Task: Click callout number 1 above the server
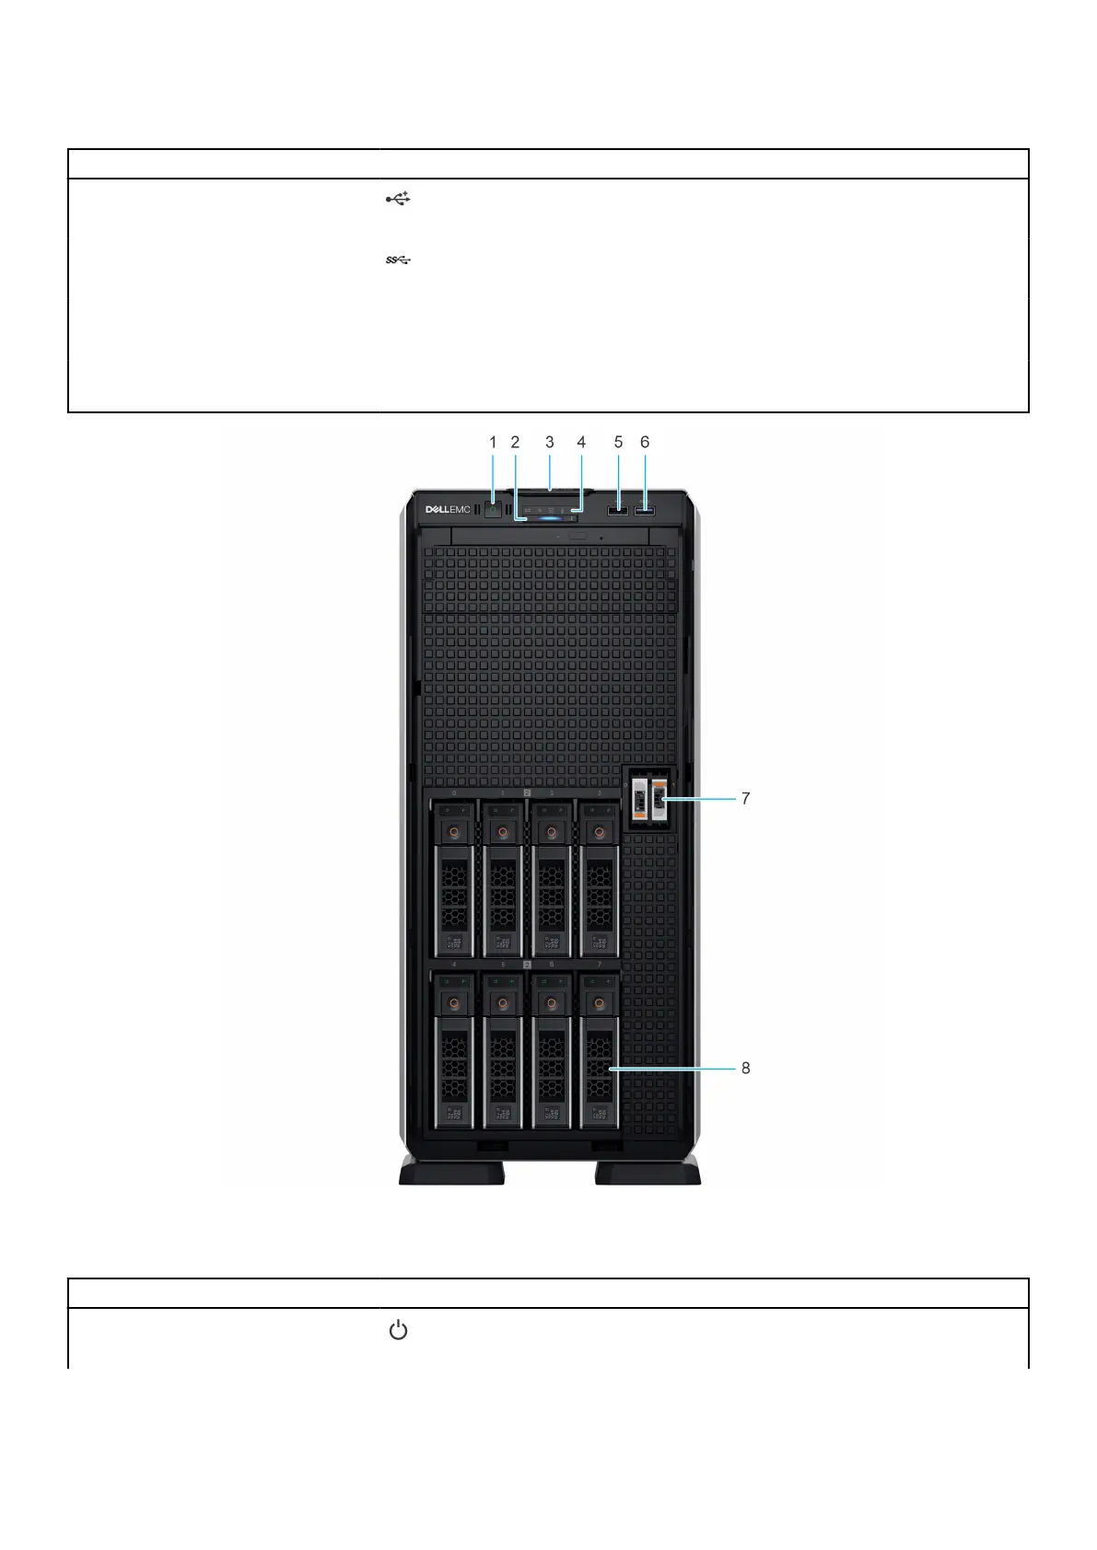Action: coord(493,443)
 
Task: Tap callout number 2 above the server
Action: coord(516,443)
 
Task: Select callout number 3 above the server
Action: coord(550,443)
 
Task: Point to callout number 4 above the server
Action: coord(581,443)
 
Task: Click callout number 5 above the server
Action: coord(618,443)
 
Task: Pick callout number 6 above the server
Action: coord(645,443)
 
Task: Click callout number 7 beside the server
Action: coord(746,799)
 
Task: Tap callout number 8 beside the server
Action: coord(746,1069)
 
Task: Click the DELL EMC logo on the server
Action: coord(447,510)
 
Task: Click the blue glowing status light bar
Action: coord(550,519)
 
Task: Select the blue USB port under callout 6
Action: coord(645,510)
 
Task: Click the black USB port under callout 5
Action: coord(618,510)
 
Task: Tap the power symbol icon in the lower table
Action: coord(398,1331)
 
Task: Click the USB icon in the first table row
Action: coord(398,199)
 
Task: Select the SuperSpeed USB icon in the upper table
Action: coord(398,260)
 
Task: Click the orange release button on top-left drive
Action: coord(453,832)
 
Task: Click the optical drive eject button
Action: coord(578,535)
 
